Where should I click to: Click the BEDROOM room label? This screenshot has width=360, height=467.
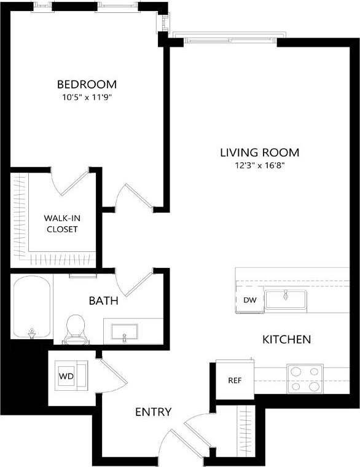tap(87, 84)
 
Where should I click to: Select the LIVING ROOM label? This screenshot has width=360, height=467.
tap(260, 152)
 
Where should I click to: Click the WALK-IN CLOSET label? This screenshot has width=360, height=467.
tap(60, 224)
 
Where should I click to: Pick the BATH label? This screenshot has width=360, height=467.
tap(103, 301)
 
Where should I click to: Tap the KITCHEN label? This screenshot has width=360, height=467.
tap(286, 339)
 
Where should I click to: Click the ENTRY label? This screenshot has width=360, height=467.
tap(153, 412)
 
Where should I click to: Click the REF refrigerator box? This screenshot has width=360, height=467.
tap(235, 380)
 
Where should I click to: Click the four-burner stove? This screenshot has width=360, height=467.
tap(305, 379)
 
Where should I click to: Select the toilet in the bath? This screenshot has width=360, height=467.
tap(76, 329)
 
